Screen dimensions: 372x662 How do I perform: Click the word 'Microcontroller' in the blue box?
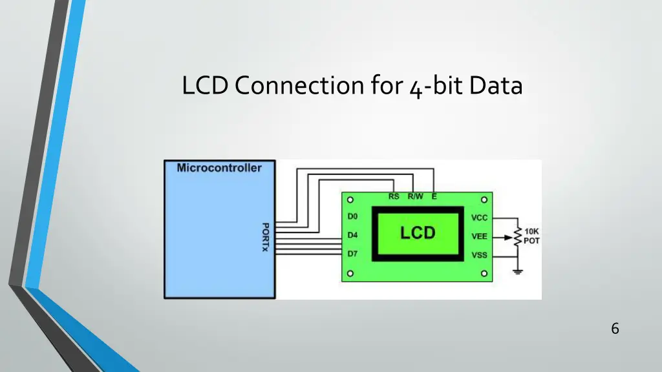click(x=219, y=168)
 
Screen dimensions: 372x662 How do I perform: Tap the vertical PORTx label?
click(x=265, y=237)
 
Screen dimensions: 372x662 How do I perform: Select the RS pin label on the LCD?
click(x=394, y=197)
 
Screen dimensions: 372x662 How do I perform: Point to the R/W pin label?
click(x=415, y=197)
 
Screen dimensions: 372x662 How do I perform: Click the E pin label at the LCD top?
click(x=434, y=197)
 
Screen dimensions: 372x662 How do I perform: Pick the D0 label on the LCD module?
click(x=352, y=217)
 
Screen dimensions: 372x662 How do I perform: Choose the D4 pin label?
click(x=352, y=235)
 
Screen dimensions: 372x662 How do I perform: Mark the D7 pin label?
click(x=352, y=254)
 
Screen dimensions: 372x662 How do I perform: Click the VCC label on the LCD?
click(x=479, y=218)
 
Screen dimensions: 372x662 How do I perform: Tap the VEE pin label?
click(x=479, y=236)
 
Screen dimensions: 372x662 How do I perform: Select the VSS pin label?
click(x=479, y=255)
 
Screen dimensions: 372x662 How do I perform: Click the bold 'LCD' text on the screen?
click(x=418, y=233)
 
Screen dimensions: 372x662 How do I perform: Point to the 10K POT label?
click(x=532, y=236)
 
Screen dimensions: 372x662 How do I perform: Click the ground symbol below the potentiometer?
click(x=517, y=271)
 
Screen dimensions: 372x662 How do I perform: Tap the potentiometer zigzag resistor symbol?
click(x=517, y=237)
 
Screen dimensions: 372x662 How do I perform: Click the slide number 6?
click(x=615, y=329)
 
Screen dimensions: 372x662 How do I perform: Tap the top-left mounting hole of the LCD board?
click(x=350, y=200)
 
